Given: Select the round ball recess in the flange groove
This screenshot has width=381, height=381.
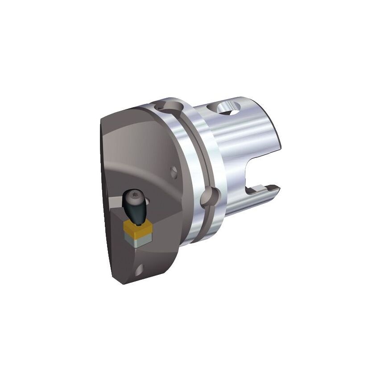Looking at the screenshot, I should pyautogui.click(x=209, y=197).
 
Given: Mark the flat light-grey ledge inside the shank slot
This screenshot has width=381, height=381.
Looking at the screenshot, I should pyautogui.click(x=257, y=191).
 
